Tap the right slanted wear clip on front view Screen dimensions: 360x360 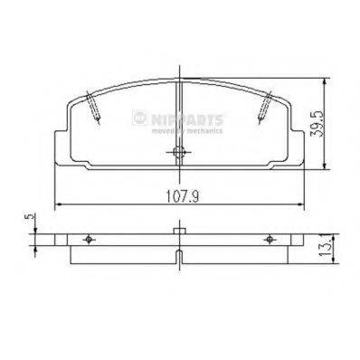tap(263, 108)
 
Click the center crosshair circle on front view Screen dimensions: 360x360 tap(179, 152)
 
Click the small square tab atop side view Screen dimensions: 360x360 tap(179, 231)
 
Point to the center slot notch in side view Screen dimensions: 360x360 tap(179, 263)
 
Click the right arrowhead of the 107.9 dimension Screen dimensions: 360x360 tap(300, 204)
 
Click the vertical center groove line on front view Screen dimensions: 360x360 tap(179, 118)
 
